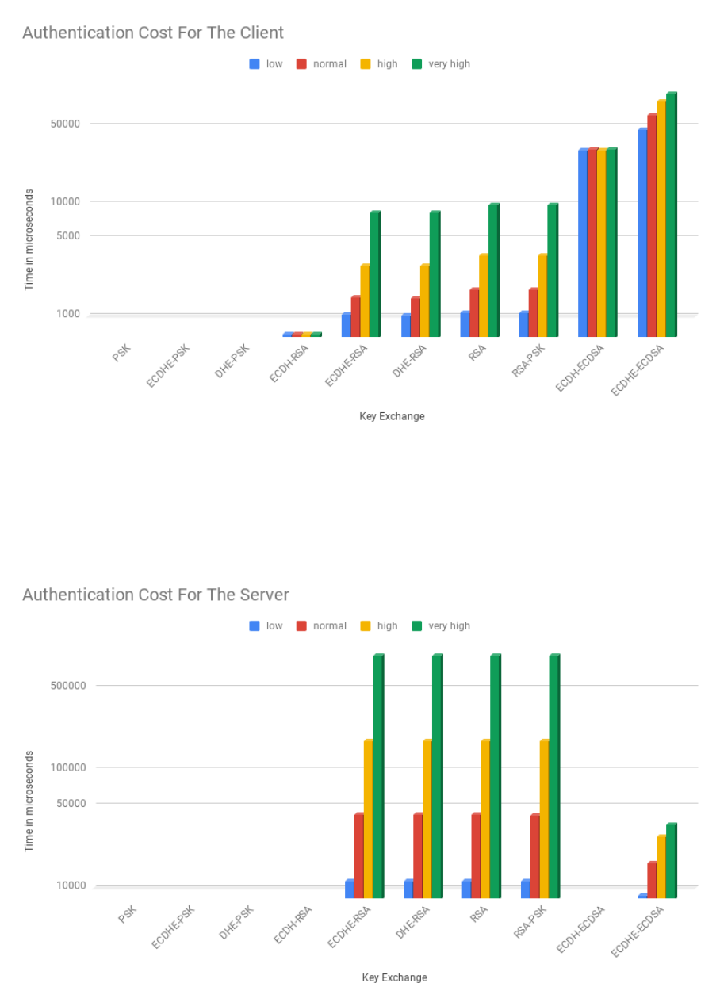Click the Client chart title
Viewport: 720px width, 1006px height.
[x=153, y=33]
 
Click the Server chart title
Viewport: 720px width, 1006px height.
[x=155, y=595]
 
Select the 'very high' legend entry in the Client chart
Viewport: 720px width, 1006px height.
[x=441, y=64]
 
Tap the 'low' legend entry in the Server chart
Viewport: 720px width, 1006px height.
[x=266, y=626]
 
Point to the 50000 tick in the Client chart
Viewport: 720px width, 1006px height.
[x=65, y=124]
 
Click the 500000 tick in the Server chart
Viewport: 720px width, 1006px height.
[x=68, y=686]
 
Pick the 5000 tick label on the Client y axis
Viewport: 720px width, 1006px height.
[x=68, y=235]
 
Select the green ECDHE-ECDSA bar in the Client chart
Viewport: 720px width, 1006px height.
[x=671, y=214]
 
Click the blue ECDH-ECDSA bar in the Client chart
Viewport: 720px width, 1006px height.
[x=583, y=243]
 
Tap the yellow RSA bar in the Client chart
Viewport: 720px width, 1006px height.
[x=484, y=295]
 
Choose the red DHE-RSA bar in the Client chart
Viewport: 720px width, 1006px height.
[x=416, y=316]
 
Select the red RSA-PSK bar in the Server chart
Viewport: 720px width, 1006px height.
[x=535, y=855]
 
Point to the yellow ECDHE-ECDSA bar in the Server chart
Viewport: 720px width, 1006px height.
[x=661, y=866]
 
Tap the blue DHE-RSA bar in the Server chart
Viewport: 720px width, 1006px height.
[x=408, y=889]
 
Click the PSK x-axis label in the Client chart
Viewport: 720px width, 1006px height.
[x=121, y=353]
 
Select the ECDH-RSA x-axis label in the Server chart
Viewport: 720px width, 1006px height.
[x=293, y=924]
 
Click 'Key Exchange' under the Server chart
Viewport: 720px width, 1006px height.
[x=395, y=977]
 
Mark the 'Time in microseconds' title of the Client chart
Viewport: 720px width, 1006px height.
[x=29, y=239]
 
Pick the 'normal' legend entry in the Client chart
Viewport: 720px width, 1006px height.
[x=322, y=64]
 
